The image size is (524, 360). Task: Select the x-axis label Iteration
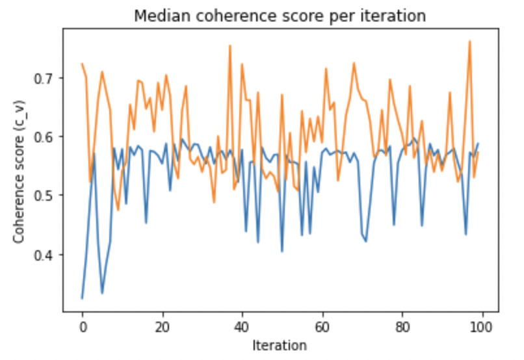(x=280, y=345)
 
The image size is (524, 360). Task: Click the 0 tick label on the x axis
(x=82, y=326)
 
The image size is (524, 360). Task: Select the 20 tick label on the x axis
(x=162, y=326)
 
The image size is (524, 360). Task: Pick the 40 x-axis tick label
(x=242, y=326)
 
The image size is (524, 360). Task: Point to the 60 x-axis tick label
(x=322, y=326)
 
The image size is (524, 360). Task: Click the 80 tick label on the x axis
(x=402, y=326)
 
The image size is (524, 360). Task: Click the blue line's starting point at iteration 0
(x=82, y=298)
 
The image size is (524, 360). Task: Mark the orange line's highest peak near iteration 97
(x=469, y=42)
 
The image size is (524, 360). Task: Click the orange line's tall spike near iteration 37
(x=230, y=45)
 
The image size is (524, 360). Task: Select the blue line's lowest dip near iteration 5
(x=102, y=293)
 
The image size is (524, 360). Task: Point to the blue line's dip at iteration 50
(x=282, y=251)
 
